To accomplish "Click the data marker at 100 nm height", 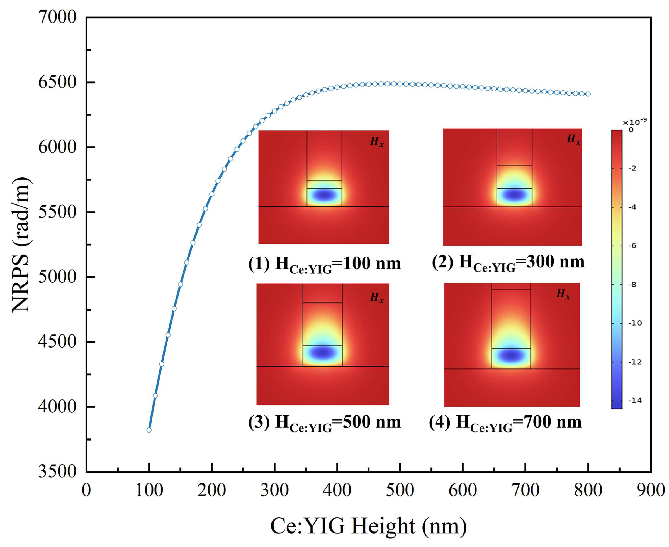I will (x=149, y=430).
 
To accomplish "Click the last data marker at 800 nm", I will (x=588, y=94).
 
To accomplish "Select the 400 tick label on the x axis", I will (x=337, y=491).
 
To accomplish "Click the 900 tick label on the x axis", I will (x=650, y=491).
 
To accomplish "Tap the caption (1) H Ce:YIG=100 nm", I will (x=324, y=264).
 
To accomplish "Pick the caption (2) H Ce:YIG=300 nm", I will (x=508, y=262).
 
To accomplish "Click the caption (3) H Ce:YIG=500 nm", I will (x=324, y=423).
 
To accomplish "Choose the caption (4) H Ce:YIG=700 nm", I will (x=505, y=423).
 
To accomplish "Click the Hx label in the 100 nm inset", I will (x=377, y=142).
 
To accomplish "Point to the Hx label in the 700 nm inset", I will (x=563, y=294).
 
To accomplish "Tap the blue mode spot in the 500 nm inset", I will (x=322, y=353).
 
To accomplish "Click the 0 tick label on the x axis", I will (x=86, y=491).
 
